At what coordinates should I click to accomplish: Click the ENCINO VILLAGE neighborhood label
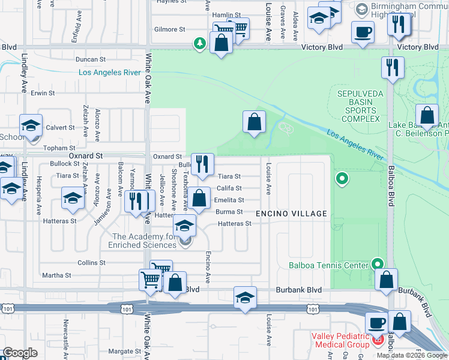[291, 214]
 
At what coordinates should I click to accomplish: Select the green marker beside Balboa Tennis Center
[378, 264]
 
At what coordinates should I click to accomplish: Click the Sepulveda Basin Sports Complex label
[357, 106]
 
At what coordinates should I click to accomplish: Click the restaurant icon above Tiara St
[203, 164]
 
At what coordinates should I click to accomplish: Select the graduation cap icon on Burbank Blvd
[245, 298]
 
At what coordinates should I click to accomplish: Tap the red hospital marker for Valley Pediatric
[378, 340]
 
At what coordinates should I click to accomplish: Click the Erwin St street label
[43, 93]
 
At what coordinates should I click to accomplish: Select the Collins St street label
[91, 263]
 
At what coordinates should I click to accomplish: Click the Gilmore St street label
[169, 29]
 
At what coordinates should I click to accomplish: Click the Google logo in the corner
[20, 352]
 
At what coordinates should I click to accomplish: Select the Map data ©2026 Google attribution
[412, 355]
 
